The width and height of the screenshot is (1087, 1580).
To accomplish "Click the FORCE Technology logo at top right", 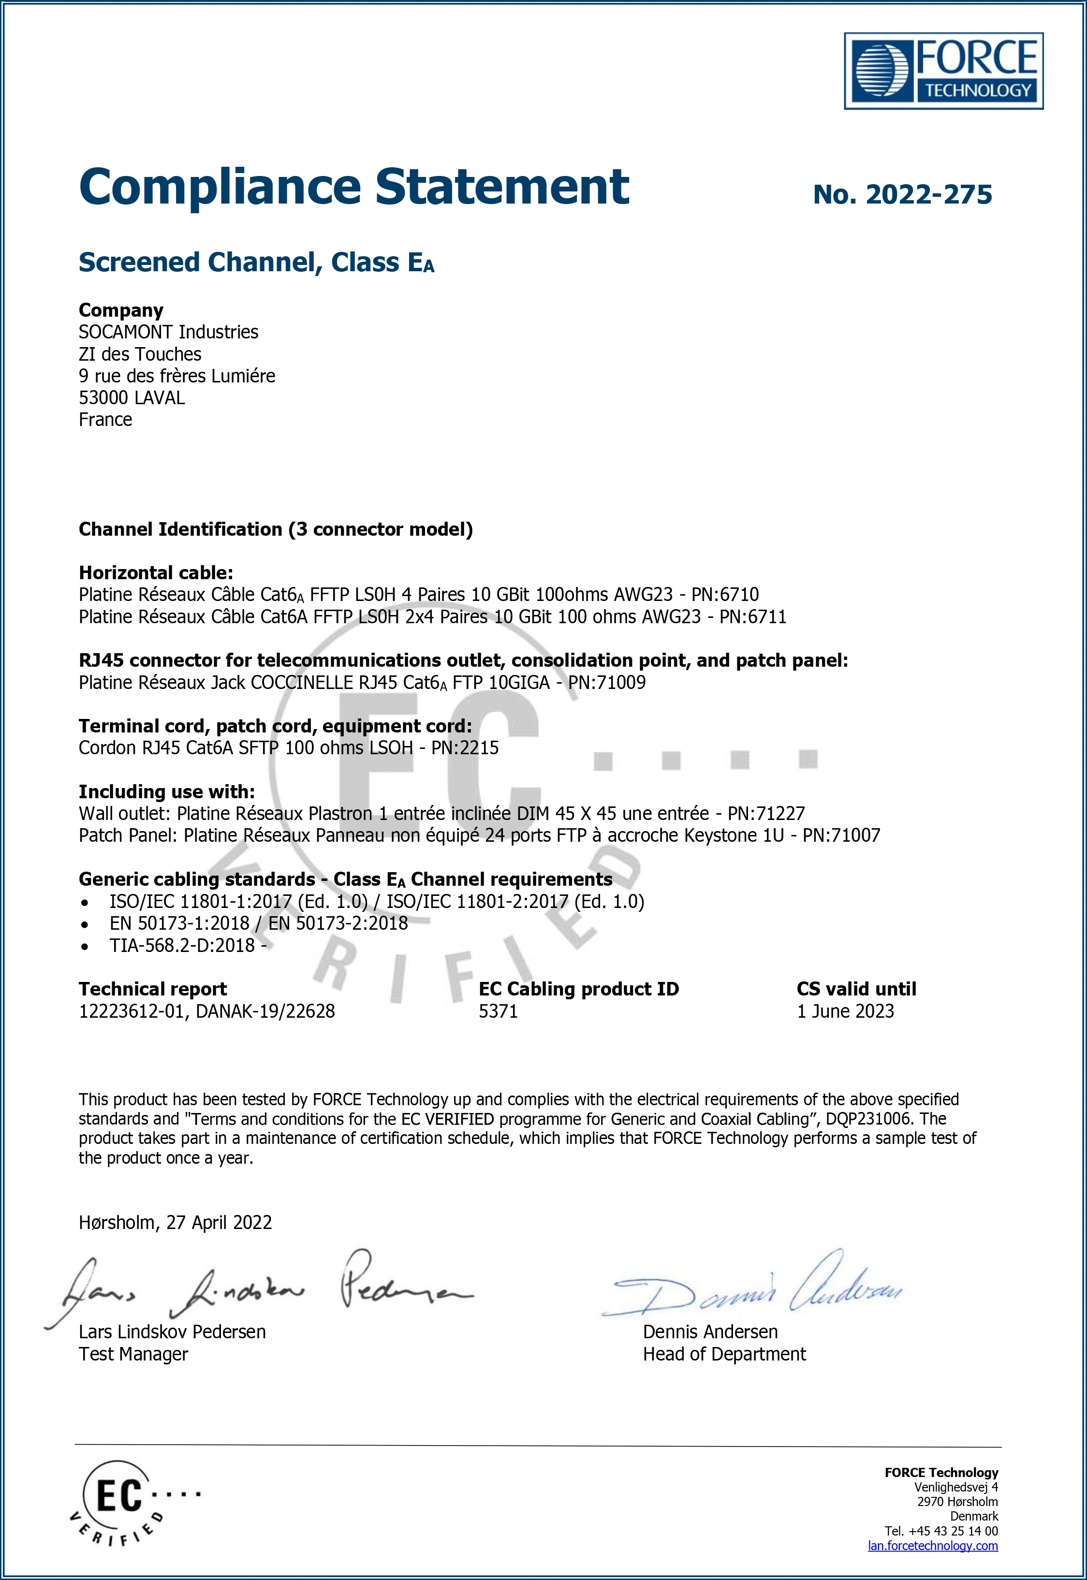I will click(x=943, y=71).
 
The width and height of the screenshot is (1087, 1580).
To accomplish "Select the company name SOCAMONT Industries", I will click(x=168, y=332).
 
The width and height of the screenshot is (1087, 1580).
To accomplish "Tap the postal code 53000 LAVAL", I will click(x=132, y=398).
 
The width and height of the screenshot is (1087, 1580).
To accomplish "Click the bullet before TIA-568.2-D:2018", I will click(x=85, y=946).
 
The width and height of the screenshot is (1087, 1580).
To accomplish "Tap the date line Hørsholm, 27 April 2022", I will click(x=175, y=1222).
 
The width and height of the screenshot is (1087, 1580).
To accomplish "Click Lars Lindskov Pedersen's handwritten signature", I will click(x=259, y=1287).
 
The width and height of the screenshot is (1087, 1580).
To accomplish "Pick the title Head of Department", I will click(x=724, y=1354).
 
